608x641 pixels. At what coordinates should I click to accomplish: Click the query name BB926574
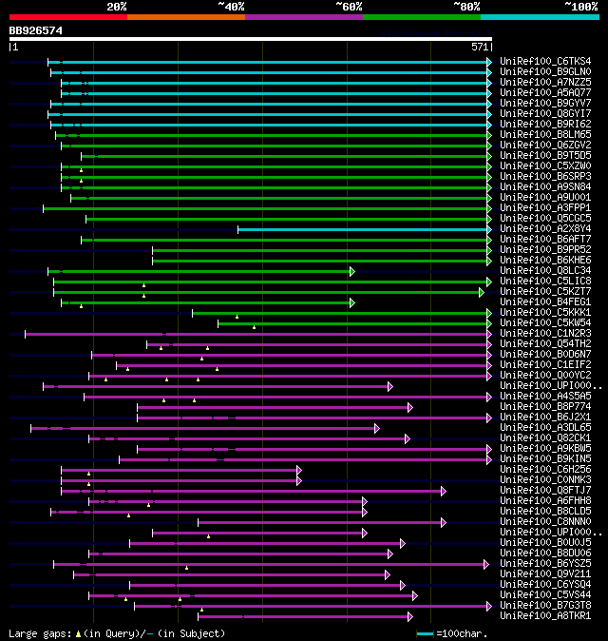[x=35, y=31]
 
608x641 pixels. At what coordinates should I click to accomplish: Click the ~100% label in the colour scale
[x=580, y=6]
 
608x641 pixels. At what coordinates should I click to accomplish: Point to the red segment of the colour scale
[x=67, y=16]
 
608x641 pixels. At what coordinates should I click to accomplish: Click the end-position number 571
[x=480, y=46]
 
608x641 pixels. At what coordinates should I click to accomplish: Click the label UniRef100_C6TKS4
[x=544, y=62]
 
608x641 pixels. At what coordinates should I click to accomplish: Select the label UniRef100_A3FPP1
[x=544, y=208]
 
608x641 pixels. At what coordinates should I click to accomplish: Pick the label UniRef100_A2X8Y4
[x=544, y=229]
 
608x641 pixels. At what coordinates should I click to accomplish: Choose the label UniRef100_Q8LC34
[x=544, y=271]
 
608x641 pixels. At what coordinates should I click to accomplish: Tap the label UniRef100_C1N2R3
[x=544, y=334]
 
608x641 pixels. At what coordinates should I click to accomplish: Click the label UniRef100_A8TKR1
[x=544, y=616]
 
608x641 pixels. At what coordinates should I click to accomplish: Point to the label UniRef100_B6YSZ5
[x=544, y=564]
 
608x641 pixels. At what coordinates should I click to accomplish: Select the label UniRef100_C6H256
[x=544, y=470]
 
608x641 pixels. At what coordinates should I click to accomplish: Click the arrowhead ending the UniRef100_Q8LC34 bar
[x=352, y=271]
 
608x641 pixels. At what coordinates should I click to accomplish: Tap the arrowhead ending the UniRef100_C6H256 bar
[x=299, y=470]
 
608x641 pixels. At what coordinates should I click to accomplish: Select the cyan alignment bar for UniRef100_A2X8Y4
[x=362, y=229]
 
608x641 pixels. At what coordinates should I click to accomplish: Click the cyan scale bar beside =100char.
[x=425, y=632]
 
